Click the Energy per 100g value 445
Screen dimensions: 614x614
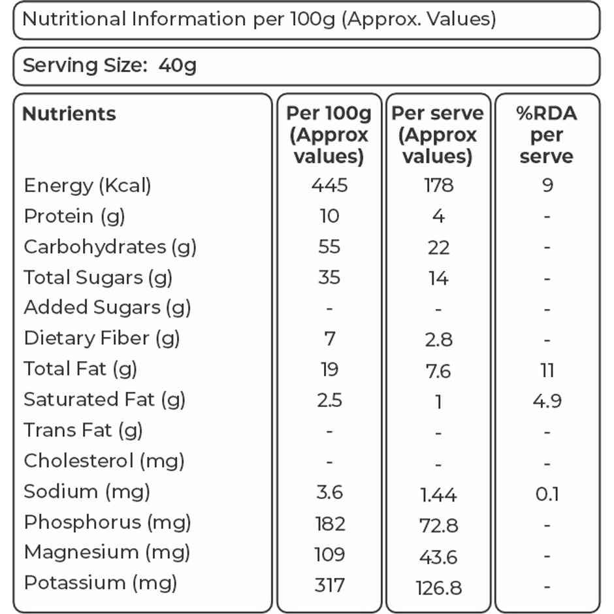[329, 185]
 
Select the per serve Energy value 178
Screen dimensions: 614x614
[438, 185]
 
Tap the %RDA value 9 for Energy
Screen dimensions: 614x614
[547, 185]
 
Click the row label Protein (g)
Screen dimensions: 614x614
[74, 217]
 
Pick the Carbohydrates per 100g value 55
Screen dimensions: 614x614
[329, 247]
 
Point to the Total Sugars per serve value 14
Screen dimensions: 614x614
[438, 278]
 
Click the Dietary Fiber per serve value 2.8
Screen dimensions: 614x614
[438, 340]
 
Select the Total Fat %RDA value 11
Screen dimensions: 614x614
[547, 370]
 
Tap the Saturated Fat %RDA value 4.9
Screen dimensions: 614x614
[547, 400]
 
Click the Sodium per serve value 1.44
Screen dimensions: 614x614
[438, 494]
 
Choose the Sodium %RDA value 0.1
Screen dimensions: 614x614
[547, 494]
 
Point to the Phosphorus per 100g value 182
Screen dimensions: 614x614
[330, 524]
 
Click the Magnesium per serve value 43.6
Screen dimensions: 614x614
[438, 557]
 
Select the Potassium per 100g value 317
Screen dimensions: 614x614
[330, 585]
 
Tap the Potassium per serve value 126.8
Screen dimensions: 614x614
[438, 587]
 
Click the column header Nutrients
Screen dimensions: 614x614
[69, 114]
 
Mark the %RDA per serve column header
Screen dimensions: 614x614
[547, 135]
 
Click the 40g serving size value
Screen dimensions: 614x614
[178, 66]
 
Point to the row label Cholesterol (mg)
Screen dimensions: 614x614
[104, 461]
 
